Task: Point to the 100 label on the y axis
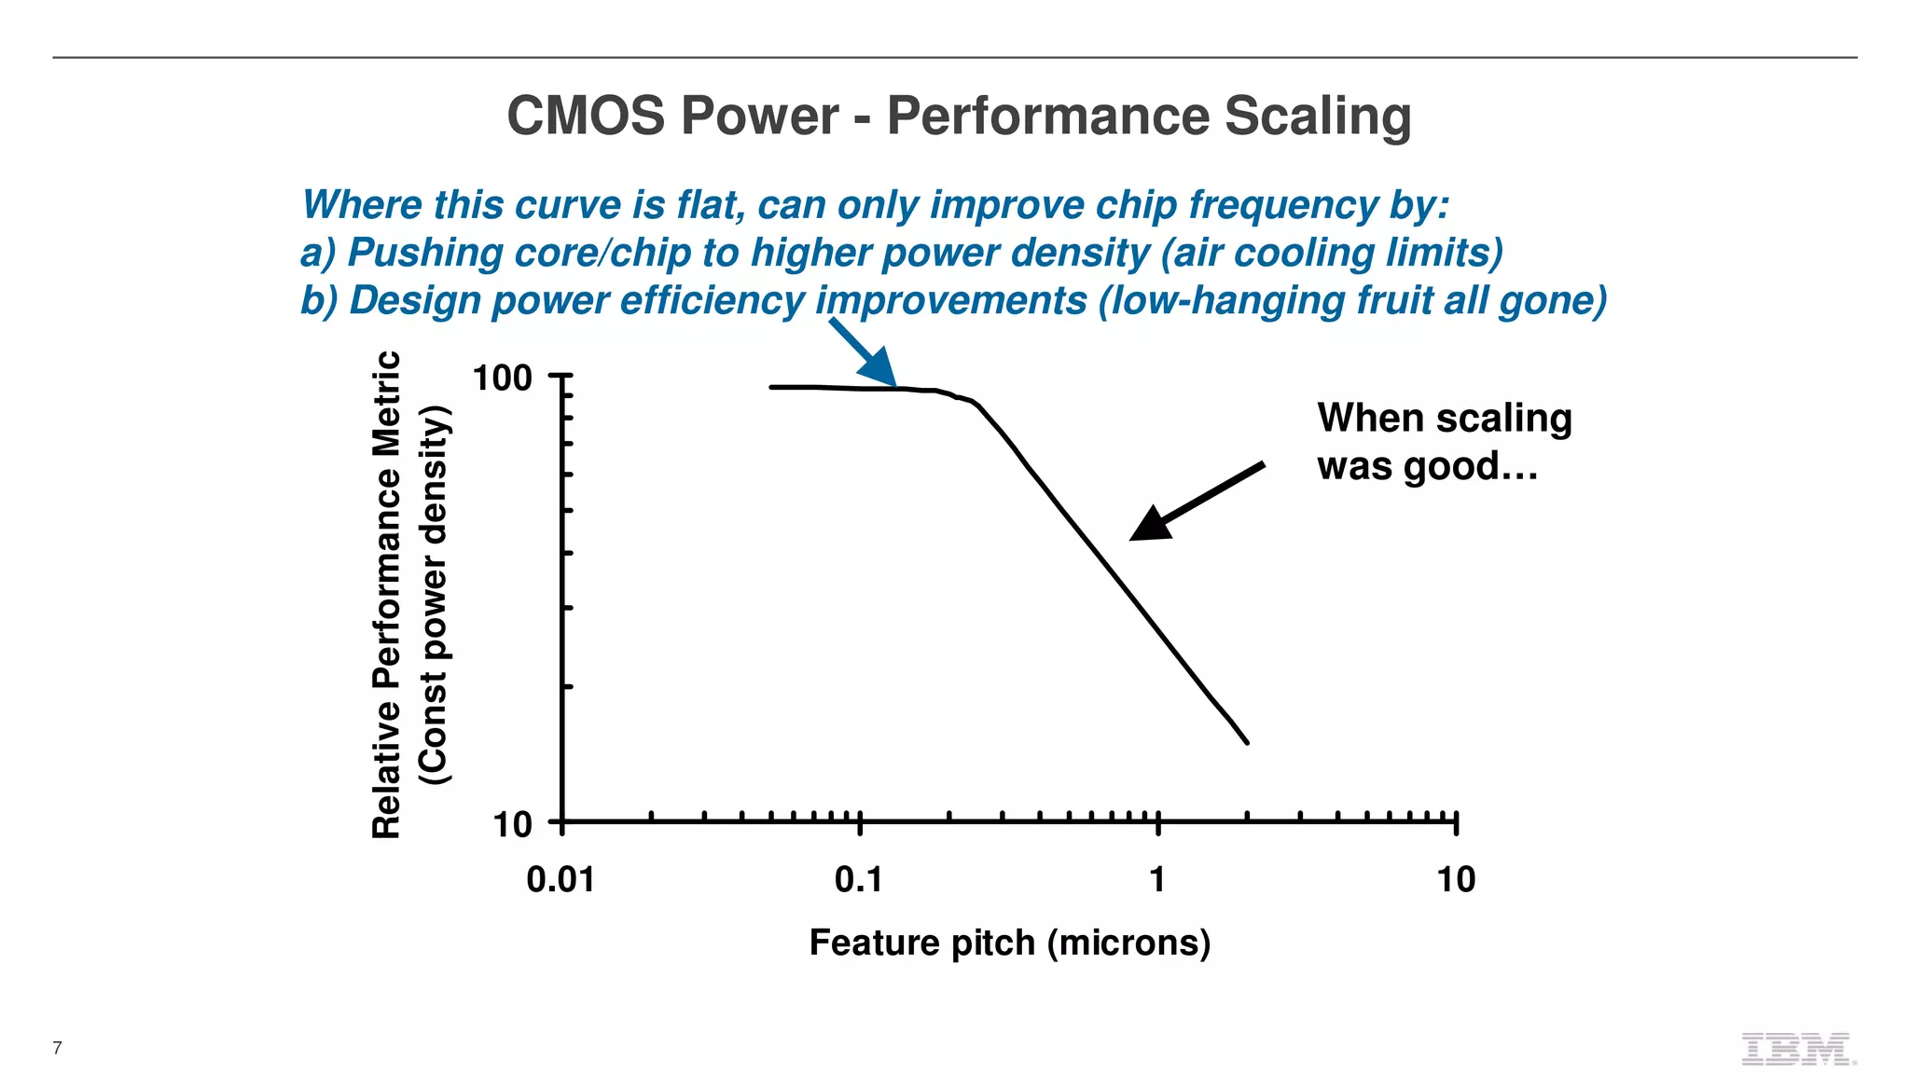(502, 379)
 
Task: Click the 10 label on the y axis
(512, 825)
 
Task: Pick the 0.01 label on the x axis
(561, 880)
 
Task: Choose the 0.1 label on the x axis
(858, 880)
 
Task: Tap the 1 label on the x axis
(1157, 880)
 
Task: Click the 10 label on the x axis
(1456, 880)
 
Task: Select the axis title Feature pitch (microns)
(1010, 943)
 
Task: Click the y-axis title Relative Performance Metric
(387, 595)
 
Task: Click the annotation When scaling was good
(1444, 442)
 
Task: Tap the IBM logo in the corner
(1797, 1049)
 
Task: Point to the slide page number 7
(58, 1048)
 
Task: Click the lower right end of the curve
(1246, 742)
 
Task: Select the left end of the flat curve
(772, 387)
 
